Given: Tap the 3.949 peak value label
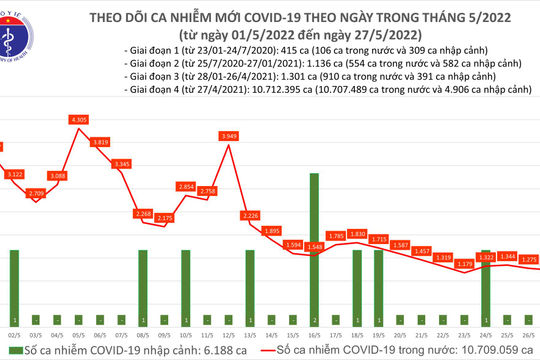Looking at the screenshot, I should (x=230, y=136).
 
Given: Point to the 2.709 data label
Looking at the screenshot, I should (x=37, y=192).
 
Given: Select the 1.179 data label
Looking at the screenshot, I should (x=464, y=264).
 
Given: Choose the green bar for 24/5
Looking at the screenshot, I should (x=486, y=285).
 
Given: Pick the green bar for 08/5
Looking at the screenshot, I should (x=143, y=285).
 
